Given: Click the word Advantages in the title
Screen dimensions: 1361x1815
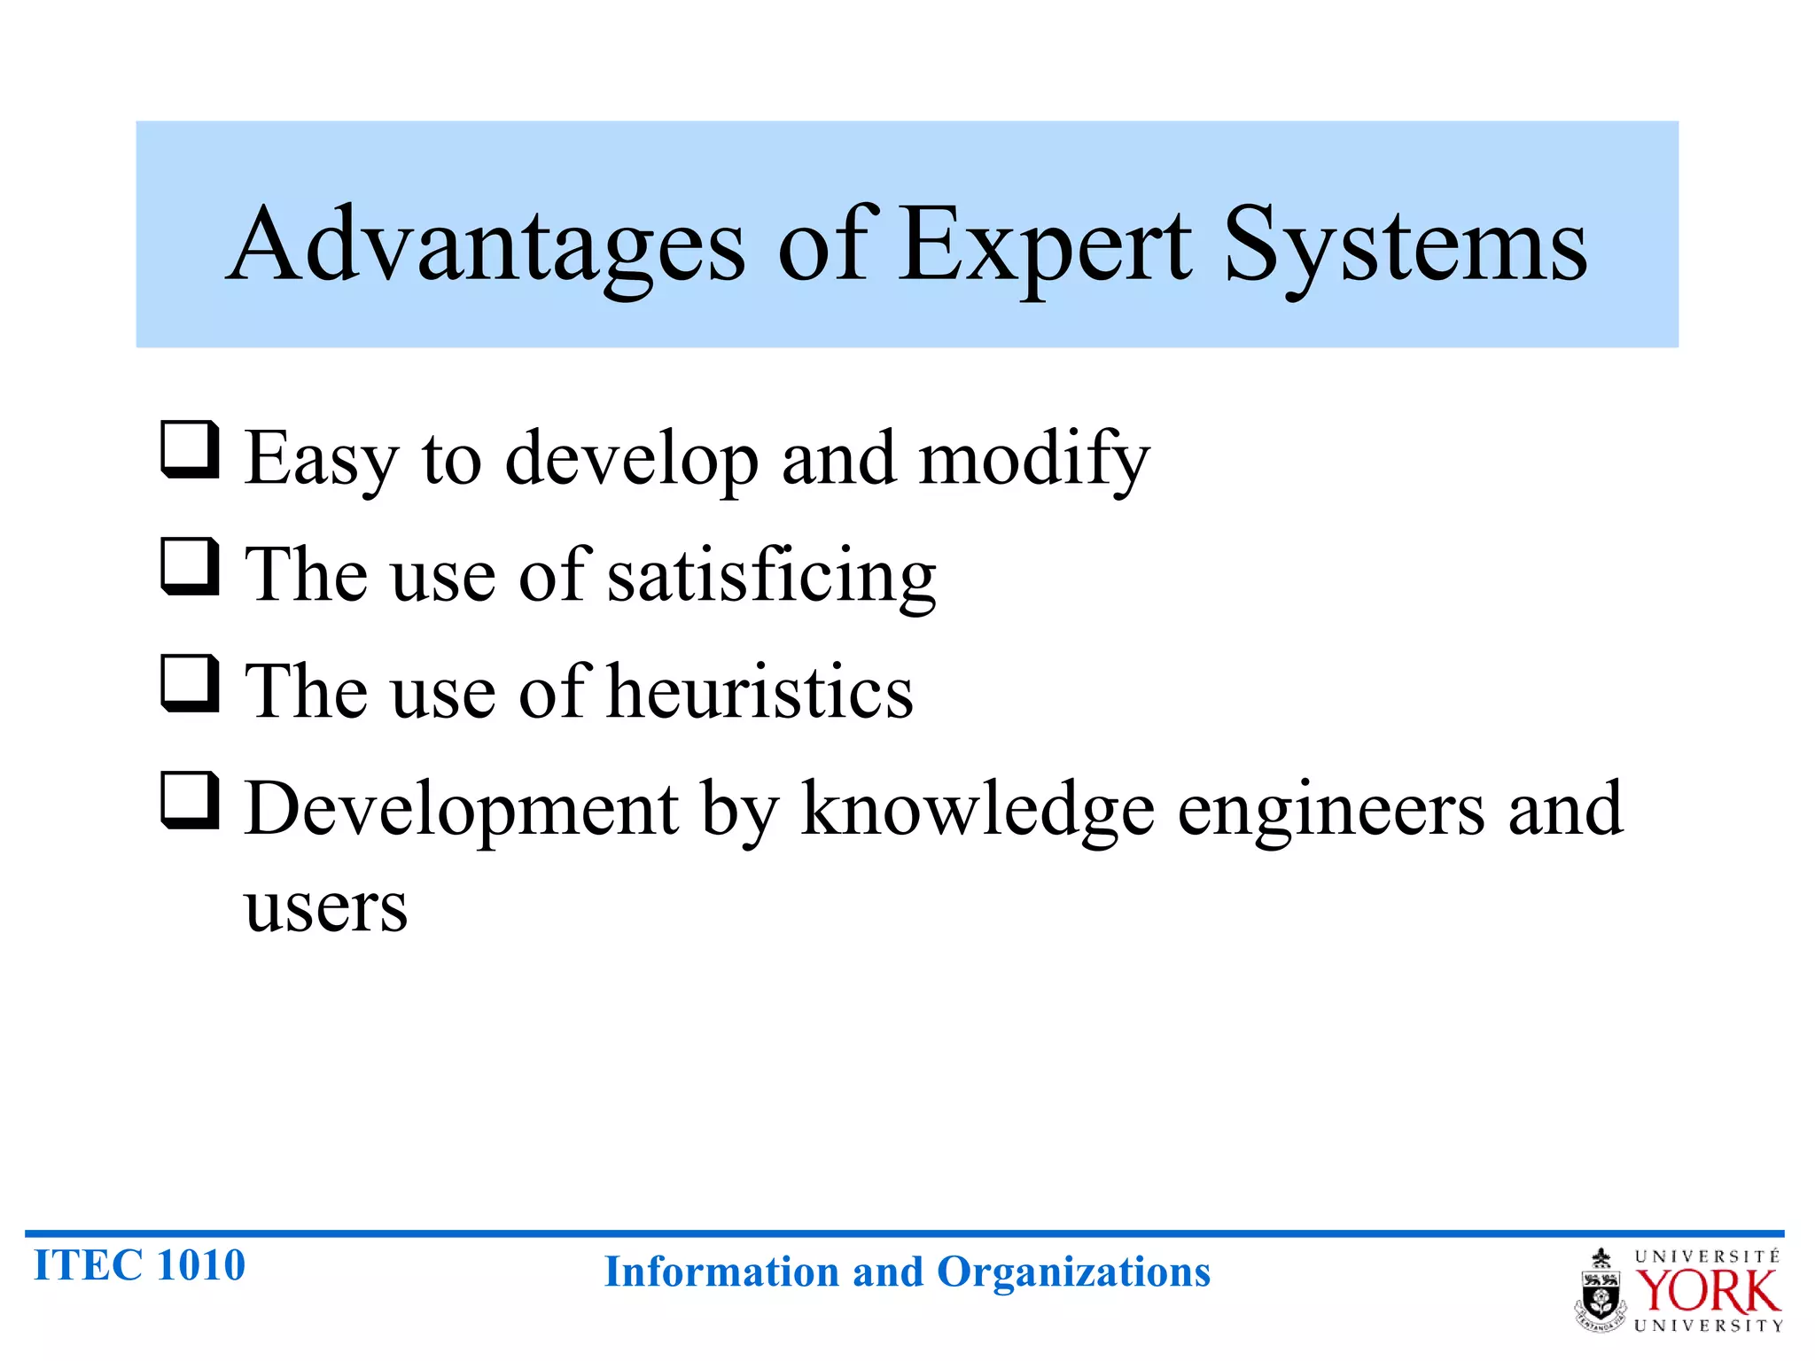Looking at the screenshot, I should (486, 245).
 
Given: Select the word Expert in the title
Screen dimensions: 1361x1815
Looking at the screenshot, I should (1046, 245).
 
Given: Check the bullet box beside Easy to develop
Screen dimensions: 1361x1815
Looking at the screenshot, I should (190, 450).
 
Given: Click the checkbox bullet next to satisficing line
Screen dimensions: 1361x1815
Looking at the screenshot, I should (190, 567).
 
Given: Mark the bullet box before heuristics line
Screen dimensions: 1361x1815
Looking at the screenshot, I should (190, 683).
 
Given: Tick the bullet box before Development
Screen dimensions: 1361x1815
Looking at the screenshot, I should (190, 800).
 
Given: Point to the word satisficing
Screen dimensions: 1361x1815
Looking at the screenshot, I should (771, 576).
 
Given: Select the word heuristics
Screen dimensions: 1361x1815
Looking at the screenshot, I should (760, 692).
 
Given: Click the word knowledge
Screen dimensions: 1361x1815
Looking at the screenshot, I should (978, 809).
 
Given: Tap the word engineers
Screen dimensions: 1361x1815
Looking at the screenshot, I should (1331, 809).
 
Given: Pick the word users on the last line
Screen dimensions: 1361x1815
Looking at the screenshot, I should (326, 907).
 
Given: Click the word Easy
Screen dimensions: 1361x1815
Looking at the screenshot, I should (322, 459).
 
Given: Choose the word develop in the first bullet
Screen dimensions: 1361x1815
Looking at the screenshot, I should (632, 459).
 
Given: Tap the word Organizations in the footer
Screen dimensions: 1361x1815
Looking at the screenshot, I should (1073, 1272).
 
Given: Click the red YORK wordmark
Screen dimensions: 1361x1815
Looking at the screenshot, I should (1707, 1292).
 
